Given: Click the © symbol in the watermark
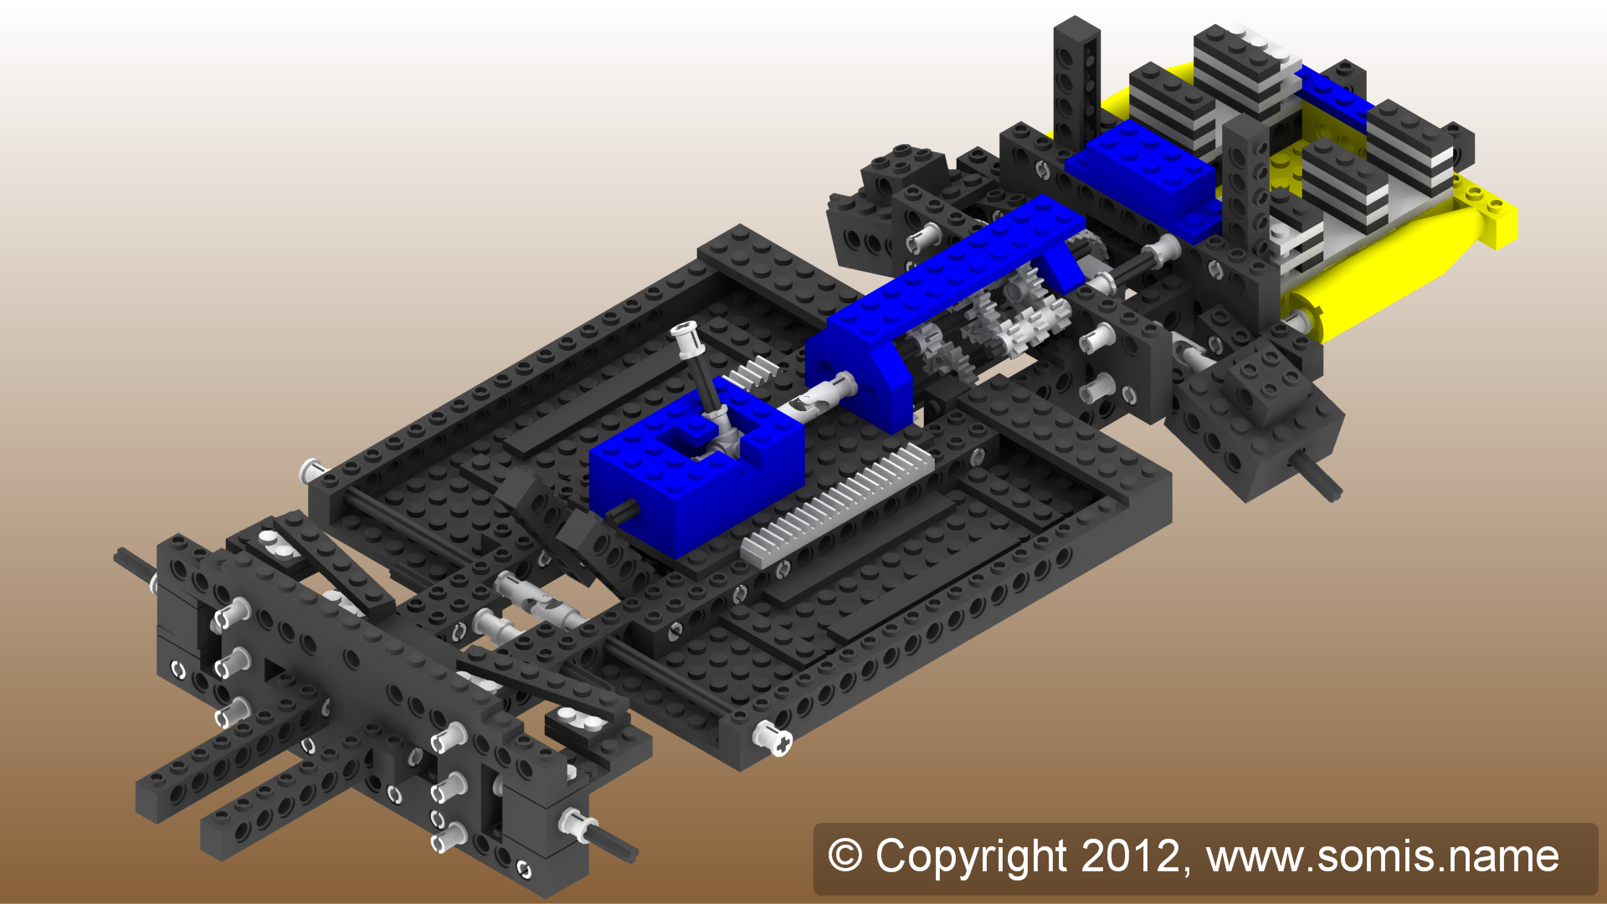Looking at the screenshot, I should coord(845,856).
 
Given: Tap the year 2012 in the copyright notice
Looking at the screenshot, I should coord(1129,856).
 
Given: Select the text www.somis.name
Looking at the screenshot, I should coord(1382,856).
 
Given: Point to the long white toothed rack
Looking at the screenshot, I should coord(837,502).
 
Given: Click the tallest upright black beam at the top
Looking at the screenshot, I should coord(1076,84).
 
